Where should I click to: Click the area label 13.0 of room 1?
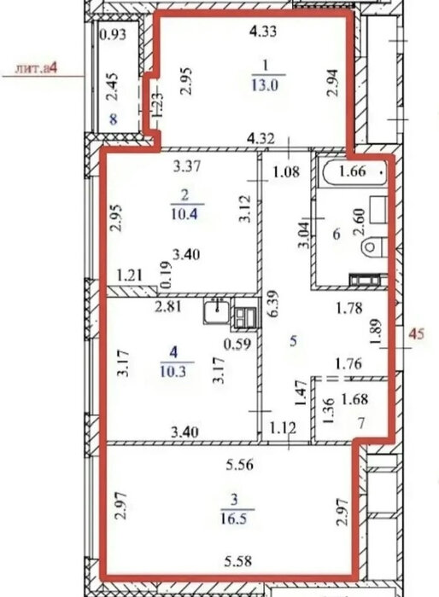tap(265, 84)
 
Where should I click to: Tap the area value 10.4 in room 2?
tap(184, 214)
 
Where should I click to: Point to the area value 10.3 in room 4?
tap(173, 371)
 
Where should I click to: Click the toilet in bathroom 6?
tap(373, 246)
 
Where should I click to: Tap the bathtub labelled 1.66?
tap(354, 172)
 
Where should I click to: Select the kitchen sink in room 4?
tap(216, 310)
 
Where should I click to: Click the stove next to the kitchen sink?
tap(246, 317)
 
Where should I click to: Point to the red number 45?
tap(417, 334)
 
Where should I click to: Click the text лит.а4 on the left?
tap(36, 69)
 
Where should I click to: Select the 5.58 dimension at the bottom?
tap(237, 561)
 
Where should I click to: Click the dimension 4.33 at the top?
tap(263, 32)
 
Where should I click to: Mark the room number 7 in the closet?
tap(361, 423)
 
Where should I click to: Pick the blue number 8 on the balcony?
tap(114, 119)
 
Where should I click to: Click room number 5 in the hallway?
tap(293, 341)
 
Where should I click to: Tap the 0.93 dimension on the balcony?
tap(113, 35)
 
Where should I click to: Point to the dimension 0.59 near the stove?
tap(237, 345)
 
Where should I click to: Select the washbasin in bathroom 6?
tap(378, 210)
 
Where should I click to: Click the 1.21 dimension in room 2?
tap(129, 275)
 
